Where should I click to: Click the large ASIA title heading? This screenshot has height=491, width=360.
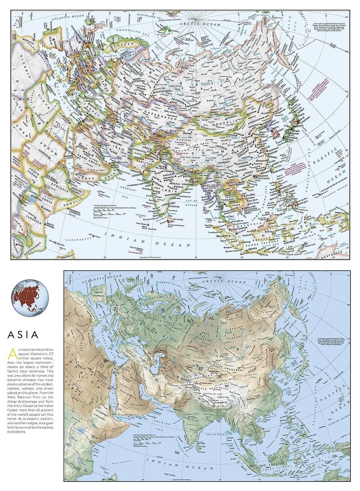point(23,335)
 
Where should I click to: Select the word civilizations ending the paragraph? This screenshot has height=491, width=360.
point(16,432)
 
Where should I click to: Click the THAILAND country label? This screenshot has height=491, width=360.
point(227,200)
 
